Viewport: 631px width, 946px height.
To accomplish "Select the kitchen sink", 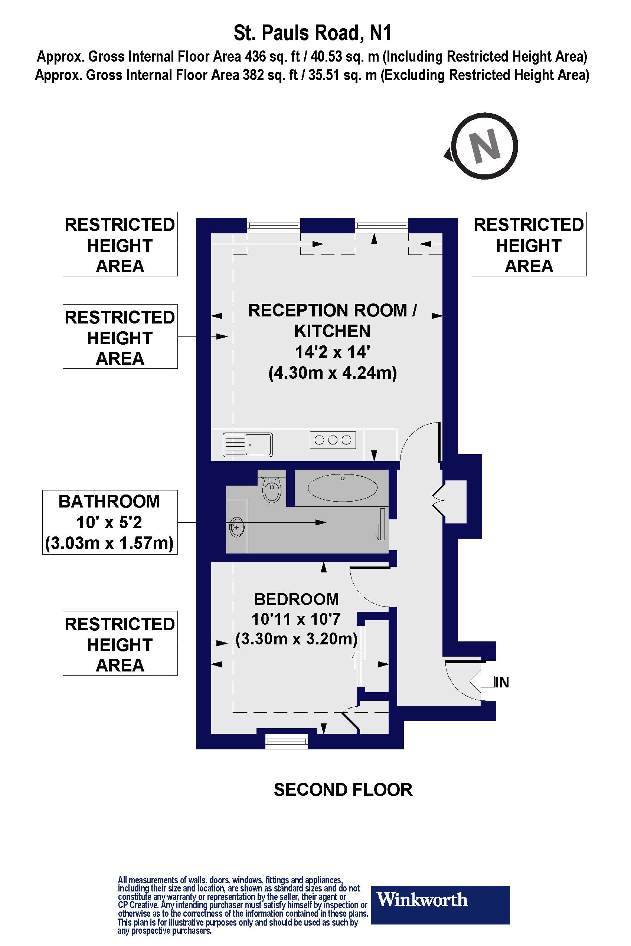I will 248,444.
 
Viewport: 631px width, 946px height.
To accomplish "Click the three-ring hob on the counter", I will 333,440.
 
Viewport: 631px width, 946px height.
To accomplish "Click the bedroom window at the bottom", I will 287,741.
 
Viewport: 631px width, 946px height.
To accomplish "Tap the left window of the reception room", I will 273,225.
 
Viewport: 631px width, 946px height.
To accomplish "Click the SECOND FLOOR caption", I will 343,790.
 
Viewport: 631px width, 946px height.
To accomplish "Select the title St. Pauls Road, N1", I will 312,33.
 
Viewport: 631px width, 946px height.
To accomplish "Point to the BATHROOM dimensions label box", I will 109,522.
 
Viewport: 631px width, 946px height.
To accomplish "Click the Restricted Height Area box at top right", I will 529,244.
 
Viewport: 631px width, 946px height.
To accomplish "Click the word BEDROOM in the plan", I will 296,599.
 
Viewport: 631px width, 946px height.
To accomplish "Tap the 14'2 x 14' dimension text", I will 333,352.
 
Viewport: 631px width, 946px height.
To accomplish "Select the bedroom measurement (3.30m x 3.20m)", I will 297,639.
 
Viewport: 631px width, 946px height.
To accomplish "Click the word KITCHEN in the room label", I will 333,331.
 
